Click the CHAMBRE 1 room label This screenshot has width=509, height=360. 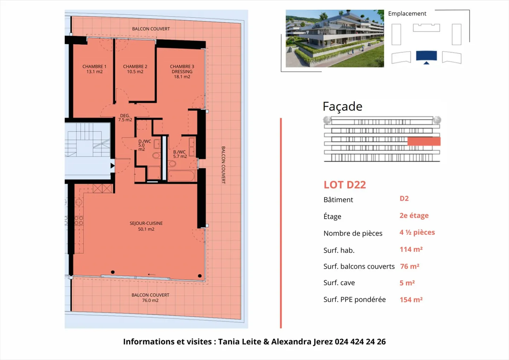(94, 69)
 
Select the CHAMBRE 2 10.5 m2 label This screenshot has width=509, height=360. (135, 69)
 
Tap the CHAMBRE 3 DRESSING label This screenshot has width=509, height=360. (182, 71)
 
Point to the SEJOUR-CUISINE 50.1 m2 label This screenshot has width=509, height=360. (146, 226)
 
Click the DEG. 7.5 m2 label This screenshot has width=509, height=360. (125, 118)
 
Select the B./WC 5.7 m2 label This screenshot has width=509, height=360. (180, 154)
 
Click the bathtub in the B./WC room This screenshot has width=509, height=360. (181, 176)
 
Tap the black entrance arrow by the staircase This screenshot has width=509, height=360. (112, 166)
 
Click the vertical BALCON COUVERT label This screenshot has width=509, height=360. (223, 165)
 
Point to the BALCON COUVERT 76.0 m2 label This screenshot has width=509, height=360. (150, 298)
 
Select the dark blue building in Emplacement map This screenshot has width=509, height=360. (426, 56)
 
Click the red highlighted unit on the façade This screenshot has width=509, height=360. (424, 141)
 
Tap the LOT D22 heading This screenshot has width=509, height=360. (345, 185)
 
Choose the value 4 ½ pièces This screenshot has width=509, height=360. (417, 232)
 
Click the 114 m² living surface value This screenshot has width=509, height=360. (411, 249)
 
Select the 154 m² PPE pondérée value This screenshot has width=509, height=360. (411, 300)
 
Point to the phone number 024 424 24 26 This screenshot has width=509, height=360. (360, 342)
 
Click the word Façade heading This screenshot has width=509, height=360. (342, 106)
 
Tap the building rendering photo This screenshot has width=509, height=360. (334, 39)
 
